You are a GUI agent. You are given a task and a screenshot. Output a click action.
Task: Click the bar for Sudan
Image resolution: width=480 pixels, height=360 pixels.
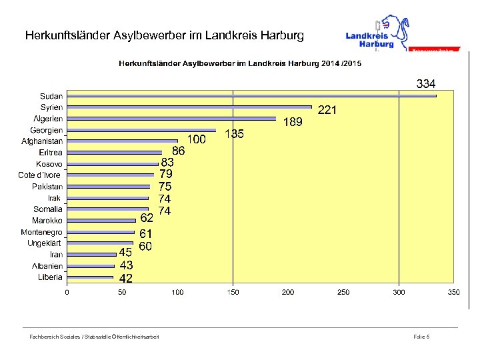pos(251,96)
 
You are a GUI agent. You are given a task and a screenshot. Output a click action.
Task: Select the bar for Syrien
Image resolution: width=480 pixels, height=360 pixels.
pos(189,107)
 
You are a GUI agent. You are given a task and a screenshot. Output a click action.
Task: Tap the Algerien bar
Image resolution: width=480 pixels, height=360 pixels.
pos(171,119)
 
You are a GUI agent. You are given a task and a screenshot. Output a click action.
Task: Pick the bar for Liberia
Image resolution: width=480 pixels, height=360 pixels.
pos(90,277)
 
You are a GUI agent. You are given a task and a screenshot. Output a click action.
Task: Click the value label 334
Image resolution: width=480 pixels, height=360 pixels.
pos(426,84)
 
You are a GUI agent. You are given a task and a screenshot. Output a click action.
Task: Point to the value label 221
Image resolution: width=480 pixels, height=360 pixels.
pos(327,110)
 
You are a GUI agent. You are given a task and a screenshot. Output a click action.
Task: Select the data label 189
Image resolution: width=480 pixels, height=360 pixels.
pos(293,122)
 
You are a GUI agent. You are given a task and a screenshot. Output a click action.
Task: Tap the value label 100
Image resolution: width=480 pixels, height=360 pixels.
pos(196,139)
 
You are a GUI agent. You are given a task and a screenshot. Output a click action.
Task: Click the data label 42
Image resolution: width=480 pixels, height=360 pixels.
pos(125,278)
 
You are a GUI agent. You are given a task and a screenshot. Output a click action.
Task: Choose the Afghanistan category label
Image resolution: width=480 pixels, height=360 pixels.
pos(42,141)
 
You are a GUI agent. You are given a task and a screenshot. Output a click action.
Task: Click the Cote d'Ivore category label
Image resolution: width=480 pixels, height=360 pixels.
pos(39,175)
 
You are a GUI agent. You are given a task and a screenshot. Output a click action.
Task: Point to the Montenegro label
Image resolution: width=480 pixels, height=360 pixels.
pos(41,232)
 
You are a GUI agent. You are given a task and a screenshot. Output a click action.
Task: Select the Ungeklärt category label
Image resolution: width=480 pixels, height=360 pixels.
pos(45,243)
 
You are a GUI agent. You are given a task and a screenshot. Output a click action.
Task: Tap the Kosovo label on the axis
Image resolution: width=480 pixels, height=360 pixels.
pos(49,164)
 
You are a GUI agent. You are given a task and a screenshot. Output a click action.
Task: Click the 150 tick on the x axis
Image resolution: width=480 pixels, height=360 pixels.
pos(233,293)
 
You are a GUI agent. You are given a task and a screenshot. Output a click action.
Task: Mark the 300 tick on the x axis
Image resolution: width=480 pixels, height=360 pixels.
pos(399,293)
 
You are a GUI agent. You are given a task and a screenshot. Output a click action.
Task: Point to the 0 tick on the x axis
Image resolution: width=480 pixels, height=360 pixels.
pos(67,293)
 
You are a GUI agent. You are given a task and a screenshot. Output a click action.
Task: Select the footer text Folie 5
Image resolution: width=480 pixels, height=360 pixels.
pos(421,337)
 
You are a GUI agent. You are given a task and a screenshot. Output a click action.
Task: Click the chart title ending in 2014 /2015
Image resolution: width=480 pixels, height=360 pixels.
pos(240,63)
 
